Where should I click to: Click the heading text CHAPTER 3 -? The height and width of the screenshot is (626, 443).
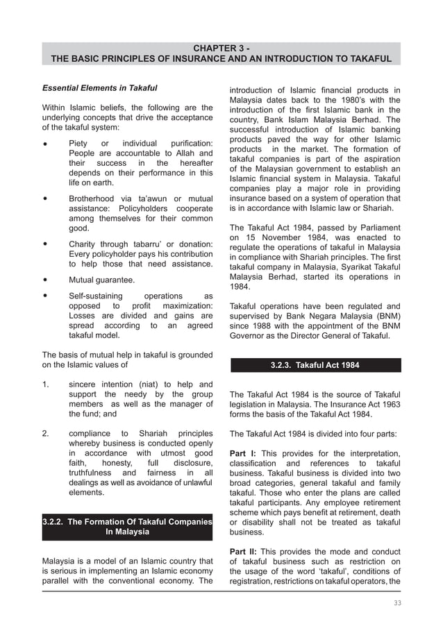[221, 48]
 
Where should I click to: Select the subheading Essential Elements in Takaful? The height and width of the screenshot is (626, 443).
[100, 88]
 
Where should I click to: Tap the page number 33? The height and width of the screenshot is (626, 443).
[396, 603]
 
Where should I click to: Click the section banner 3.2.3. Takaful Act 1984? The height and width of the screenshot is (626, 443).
[315, 365]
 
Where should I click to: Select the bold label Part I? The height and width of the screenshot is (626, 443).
[242, 454]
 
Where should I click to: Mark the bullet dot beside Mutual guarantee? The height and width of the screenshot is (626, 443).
[45, 280]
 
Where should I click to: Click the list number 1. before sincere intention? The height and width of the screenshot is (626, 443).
[45, 384]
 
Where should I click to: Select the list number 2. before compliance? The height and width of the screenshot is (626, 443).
[45, 434]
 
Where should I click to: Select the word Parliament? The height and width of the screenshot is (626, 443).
[375, 228]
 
